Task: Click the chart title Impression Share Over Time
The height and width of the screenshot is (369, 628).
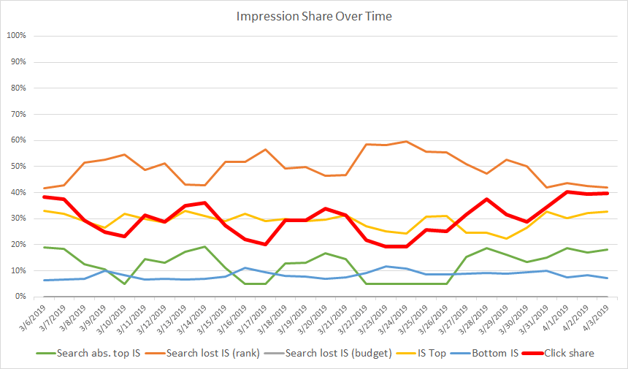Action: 314,16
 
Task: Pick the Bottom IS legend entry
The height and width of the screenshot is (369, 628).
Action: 498,353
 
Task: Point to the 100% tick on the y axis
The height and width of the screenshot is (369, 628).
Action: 16,36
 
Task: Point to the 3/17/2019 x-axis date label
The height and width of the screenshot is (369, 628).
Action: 264,319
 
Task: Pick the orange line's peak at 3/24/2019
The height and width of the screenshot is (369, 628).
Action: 407,142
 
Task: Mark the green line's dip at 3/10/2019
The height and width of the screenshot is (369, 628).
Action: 124,284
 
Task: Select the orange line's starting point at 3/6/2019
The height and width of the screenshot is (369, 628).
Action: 45,188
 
